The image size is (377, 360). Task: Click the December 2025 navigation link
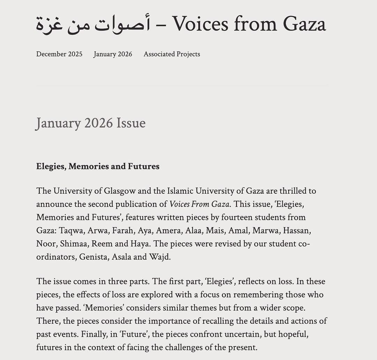pos(59,54)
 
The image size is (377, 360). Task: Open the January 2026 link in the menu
pos(113,54)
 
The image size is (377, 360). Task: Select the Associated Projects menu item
pos(172,54)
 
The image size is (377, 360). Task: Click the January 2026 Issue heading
pos(91,123)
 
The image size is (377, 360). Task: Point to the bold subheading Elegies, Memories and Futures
pos(98,166)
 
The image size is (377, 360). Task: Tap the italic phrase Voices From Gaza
pos(200,204)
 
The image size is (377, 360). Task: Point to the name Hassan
pos(296,231)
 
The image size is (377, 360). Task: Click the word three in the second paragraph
pos(130,281)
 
